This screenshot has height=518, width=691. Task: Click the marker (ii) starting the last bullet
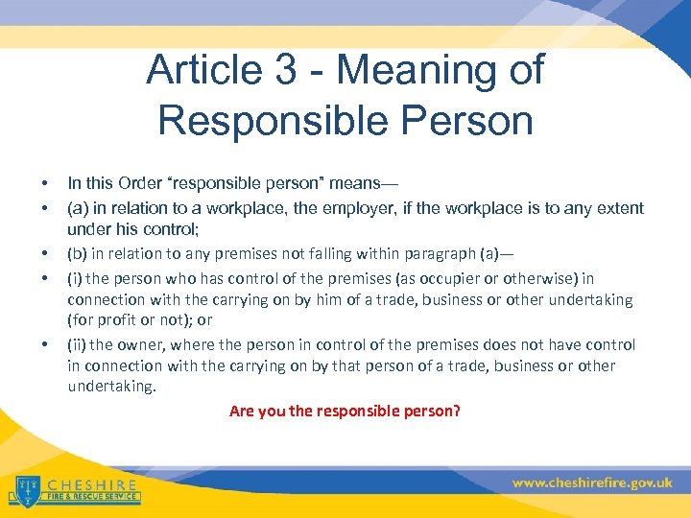77,344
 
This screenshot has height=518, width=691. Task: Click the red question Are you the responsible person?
345,411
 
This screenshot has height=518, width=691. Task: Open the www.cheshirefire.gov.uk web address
592,483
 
